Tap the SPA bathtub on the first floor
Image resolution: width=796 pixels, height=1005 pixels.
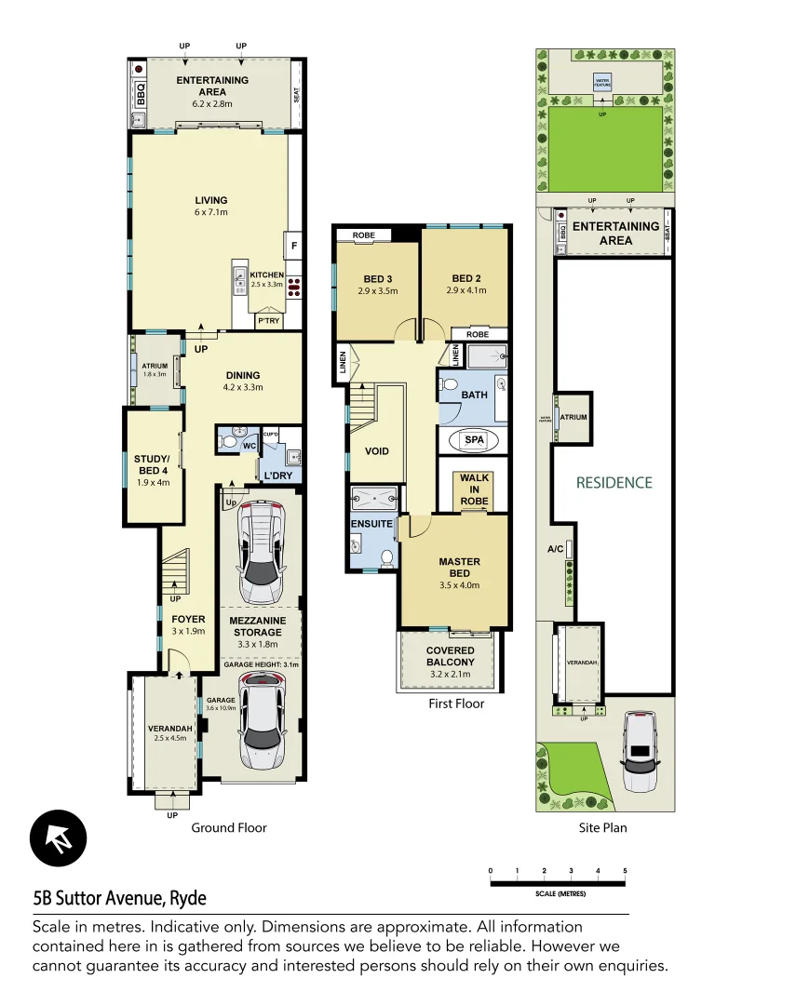point(474,440)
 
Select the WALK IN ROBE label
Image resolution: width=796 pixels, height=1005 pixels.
point(474,490)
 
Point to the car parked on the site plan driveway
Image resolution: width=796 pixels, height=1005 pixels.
point(640,751)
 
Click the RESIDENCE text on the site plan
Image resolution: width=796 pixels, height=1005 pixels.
point(614,482)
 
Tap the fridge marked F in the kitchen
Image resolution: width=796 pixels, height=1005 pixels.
point(294,246)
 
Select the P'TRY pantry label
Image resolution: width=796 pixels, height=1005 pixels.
point(268,321)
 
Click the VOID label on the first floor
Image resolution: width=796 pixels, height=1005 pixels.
point(377,451)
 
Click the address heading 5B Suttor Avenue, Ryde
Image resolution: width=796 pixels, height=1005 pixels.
point(119,898)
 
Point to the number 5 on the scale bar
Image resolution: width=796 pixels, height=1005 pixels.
point(625,871)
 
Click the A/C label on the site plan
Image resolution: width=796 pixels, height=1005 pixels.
point(555,550)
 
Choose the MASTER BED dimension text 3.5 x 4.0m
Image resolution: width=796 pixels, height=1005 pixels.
point(459,585)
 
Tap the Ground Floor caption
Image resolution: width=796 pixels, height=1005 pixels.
point(229,827)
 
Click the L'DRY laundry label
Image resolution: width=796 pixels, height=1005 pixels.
point(278,476)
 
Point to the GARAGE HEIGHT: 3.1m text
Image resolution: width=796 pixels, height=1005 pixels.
point(261,663)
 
